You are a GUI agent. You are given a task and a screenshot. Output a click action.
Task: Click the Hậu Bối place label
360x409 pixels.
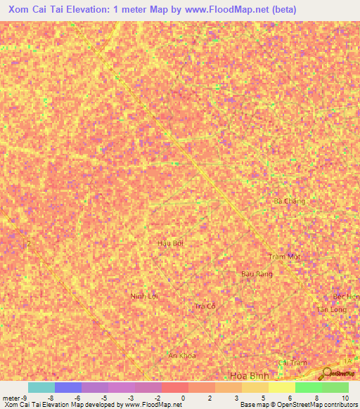tap(171, 242)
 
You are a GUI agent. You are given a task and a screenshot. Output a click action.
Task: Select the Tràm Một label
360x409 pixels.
tap(284, 257)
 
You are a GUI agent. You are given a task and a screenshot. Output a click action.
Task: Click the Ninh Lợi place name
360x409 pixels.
tap(145, 296)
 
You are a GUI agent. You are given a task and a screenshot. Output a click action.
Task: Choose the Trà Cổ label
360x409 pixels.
tap(204, 306)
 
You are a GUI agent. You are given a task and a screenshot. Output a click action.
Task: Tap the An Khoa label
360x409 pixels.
tap(181, 356)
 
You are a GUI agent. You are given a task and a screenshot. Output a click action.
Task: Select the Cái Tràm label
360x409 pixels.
tap(293, 363)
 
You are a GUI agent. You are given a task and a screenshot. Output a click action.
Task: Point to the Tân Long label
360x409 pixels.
tap(331, 309)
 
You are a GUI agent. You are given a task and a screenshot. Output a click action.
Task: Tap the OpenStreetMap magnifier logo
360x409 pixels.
tap(328, 373)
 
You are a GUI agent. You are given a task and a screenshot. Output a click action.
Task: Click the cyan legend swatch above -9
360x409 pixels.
tap(41, 387)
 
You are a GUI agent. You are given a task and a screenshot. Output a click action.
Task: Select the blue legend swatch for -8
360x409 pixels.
tap(67, 387)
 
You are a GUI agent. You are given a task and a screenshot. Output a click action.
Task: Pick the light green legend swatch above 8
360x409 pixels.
tap(308, 387)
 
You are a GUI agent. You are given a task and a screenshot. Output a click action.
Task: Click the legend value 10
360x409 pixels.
tap(345, 397)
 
